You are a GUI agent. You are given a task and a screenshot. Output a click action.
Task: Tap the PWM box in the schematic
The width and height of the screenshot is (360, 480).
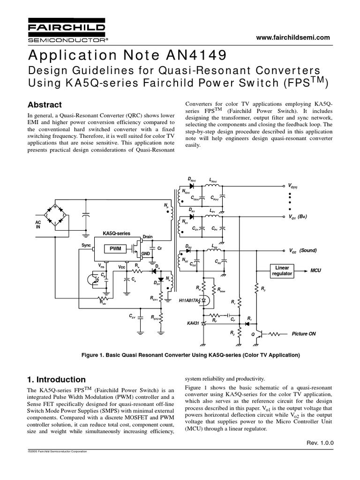point(115,249)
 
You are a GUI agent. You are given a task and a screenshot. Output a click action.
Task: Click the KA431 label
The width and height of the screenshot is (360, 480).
point(194,323)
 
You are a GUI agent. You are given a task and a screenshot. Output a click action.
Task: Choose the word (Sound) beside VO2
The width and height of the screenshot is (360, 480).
point(308,250)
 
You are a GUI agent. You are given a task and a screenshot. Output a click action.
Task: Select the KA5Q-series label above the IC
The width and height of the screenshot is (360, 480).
point(117,233)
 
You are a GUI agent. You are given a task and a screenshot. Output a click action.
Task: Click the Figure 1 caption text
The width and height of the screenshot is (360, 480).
point(191,355)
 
